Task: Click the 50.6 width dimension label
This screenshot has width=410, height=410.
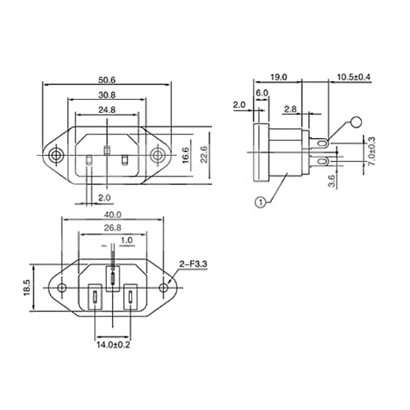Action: (x=107, y=80)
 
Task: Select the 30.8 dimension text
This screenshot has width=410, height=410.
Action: (x=107, y=95)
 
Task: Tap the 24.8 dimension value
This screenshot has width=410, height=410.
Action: (x=107, y=109)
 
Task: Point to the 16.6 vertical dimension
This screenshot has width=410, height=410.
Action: (x=185, y=155)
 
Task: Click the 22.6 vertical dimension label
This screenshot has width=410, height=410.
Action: (x=204, y=155)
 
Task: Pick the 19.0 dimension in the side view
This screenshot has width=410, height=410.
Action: (x=279, y=77)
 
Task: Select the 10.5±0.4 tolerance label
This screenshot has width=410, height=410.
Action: (x=354, y=77)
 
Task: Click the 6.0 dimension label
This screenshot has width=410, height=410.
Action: (x=262, y=93)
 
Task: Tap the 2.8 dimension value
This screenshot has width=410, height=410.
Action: (x=290, y=109)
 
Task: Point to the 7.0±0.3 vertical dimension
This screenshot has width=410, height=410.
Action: (x=372, y=151)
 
